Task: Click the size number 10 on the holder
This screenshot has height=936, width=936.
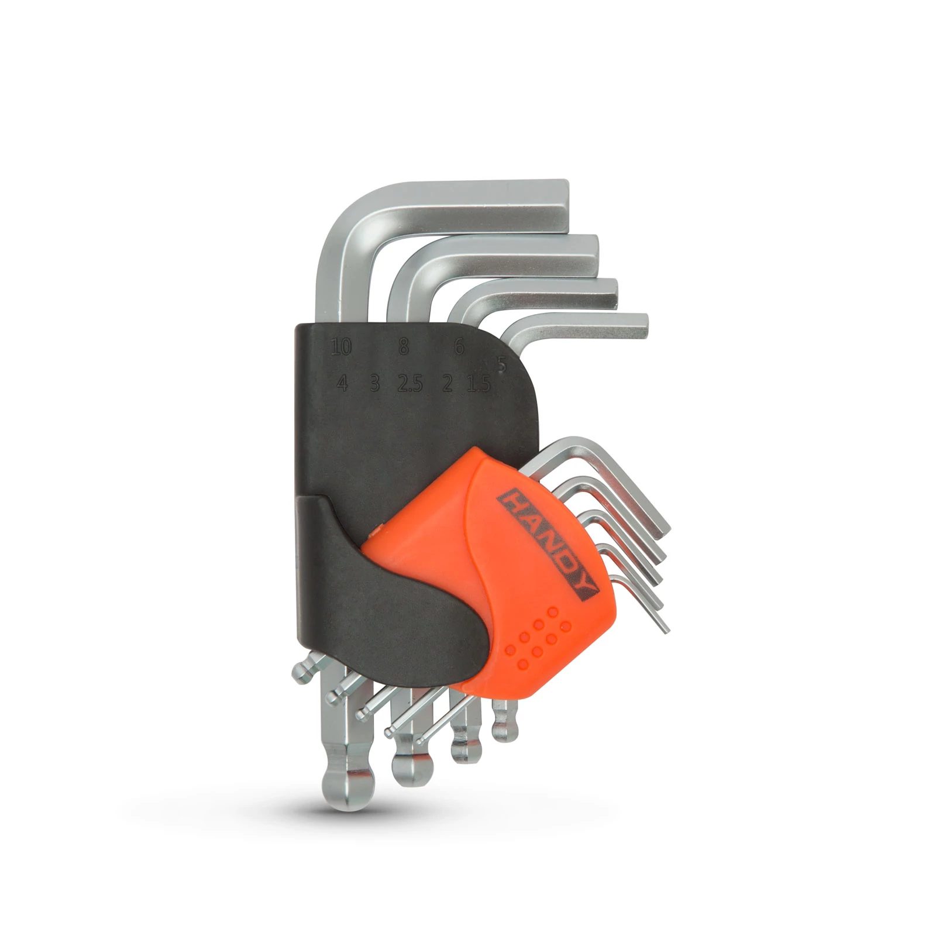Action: click(341, 347)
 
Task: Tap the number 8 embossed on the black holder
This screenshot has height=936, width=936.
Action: click(404, 347)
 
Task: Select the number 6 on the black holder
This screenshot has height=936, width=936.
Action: click(459, 347)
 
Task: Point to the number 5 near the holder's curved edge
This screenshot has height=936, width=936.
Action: click(501, 364)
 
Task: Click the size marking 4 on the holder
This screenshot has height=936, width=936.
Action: click(343, 384)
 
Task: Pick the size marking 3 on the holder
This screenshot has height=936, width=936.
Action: click(375, 384)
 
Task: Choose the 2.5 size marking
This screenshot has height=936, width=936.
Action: click(409, 384)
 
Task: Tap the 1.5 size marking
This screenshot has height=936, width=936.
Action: click(479, 384)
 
